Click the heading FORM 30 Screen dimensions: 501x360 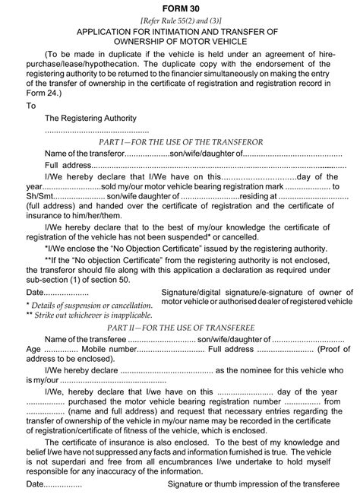[180, 7]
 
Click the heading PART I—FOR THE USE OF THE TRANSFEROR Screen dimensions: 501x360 [180, 142]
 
